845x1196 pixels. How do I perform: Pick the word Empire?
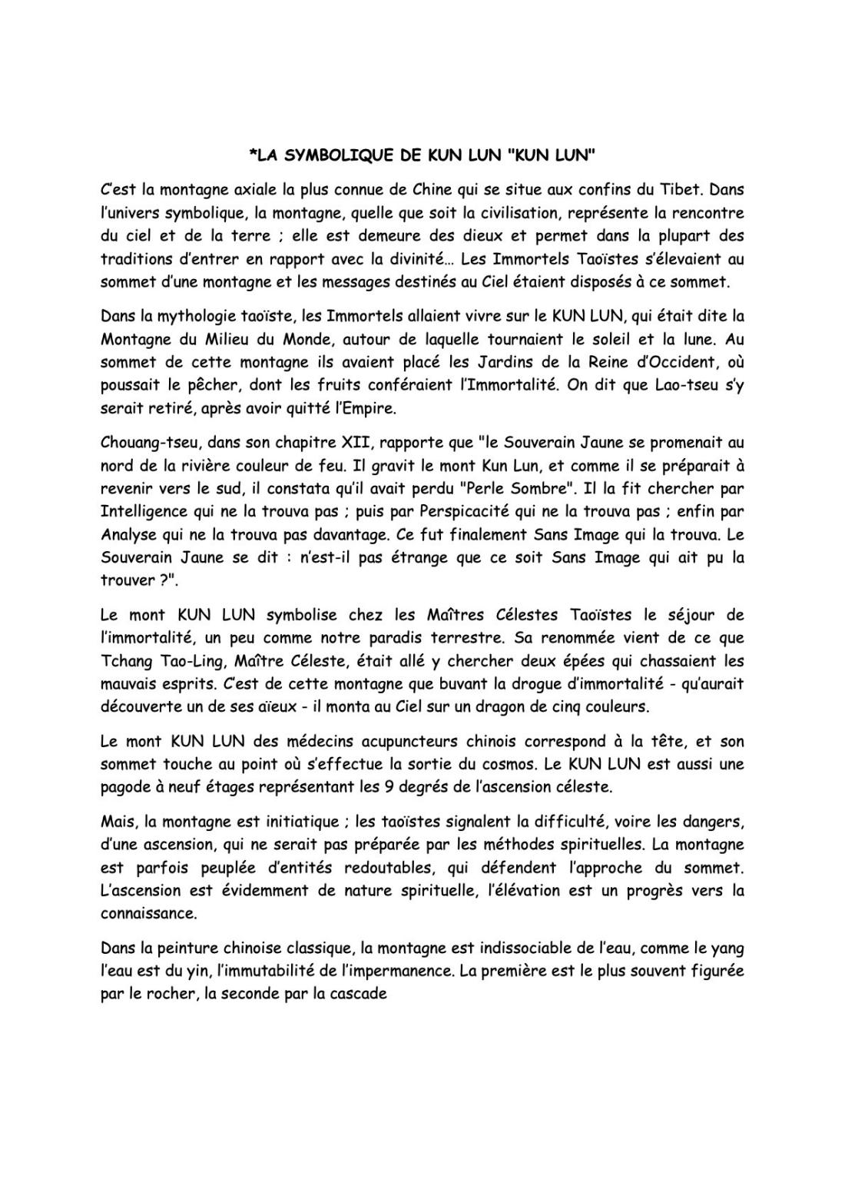pyautogui.click(x=368, y=409)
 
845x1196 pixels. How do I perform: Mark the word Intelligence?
pyautogui.click(x=144, y=512)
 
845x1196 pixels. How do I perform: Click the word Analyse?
pyautogui.click(x=127, y=535)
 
